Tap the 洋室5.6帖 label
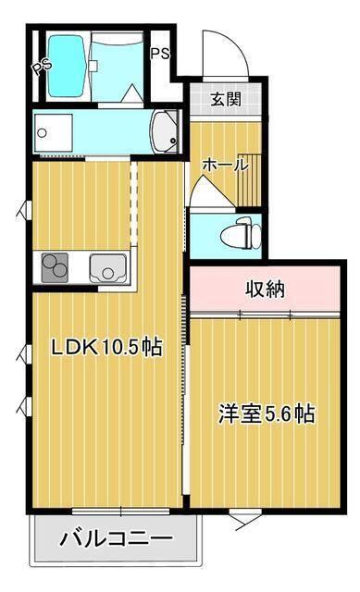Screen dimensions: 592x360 click(267, 413)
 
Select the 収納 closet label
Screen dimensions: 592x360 click(265, 289)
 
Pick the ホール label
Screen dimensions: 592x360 click(225, 166)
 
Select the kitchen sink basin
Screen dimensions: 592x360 click(108, 267)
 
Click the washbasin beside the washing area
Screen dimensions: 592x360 click(166, 131)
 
